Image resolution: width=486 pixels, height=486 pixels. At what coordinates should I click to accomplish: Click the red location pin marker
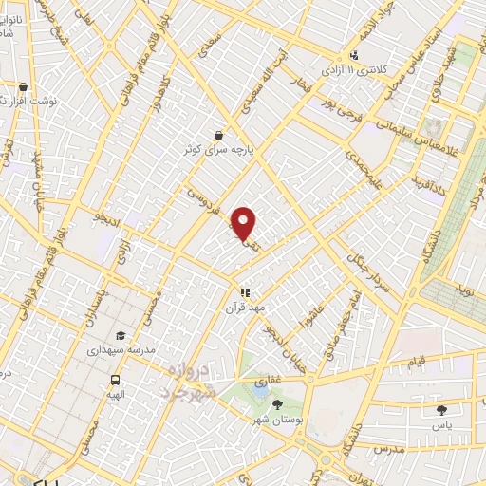pos(244,222)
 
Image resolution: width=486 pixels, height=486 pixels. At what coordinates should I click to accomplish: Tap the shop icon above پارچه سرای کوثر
pos(219,135)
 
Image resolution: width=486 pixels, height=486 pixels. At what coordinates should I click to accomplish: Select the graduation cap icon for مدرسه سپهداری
pos(120,335)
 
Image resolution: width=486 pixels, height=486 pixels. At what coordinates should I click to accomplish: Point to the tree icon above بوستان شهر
pos(277,404)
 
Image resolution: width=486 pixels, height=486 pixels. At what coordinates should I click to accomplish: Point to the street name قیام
pos(418,362)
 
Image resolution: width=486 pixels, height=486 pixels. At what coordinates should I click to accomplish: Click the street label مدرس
pos(390,445)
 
